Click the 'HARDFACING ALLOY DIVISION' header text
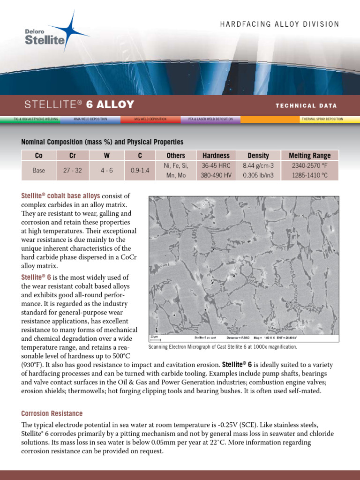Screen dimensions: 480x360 click(280, 24)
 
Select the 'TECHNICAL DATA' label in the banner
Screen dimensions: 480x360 click(306, 105)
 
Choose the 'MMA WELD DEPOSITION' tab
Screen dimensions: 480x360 click(90, 119)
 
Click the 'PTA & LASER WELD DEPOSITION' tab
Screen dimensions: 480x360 click(210, 119)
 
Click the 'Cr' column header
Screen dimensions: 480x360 click(72, 156)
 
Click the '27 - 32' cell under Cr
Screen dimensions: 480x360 click(72, 171)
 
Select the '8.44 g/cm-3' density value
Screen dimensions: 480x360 click(258, 165)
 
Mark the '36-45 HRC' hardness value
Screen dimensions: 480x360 click(216, 165)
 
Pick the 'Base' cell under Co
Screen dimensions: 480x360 click(39, 171)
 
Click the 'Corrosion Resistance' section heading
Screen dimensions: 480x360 click(52, 413)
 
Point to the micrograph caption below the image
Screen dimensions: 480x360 click(223, 347)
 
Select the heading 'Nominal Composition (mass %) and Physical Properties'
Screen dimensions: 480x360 click(102, 142)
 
